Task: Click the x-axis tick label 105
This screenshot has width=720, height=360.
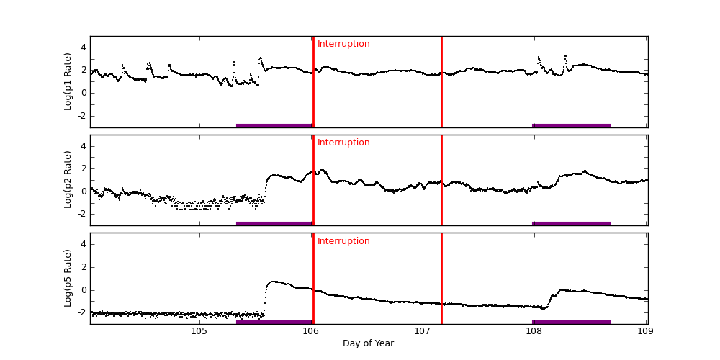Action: click(199, 331)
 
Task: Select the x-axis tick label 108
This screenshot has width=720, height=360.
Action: click(534, 331)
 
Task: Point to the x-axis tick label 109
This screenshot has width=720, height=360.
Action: click(645, 331)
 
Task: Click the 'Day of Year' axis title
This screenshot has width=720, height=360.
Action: click(368, 343)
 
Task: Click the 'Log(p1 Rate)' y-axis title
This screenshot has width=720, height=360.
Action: click(68, 81)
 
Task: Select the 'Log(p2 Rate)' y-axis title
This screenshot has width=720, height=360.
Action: click(68, 180)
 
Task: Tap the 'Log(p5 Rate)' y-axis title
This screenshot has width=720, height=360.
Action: click(68, 278)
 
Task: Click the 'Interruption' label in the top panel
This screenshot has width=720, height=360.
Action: click(343, 44)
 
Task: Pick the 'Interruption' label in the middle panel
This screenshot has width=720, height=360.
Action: click(343, 143)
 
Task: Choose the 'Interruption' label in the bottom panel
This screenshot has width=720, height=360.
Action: click(343, 241)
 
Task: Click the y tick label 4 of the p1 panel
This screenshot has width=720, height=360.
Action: click(83, 48)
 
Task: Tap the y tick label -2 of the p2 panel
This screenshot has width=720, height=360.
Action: click(81, 214)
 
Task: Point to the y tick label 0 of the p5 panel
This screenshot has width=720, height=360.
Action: click(83, 290)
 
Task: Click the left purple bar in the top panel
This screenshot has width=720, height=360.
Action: click(274, 125)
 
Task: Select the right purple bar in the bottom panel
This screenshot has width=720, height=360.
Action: click(571, 322)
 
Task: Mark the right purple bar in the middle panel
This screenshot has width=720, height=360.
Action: click(571, 223)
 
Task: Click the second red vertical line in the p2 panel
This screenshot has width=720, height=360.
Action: click(441, 180)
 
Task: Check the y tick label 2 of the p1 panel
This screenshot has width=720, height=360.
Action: click(83, 70)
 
